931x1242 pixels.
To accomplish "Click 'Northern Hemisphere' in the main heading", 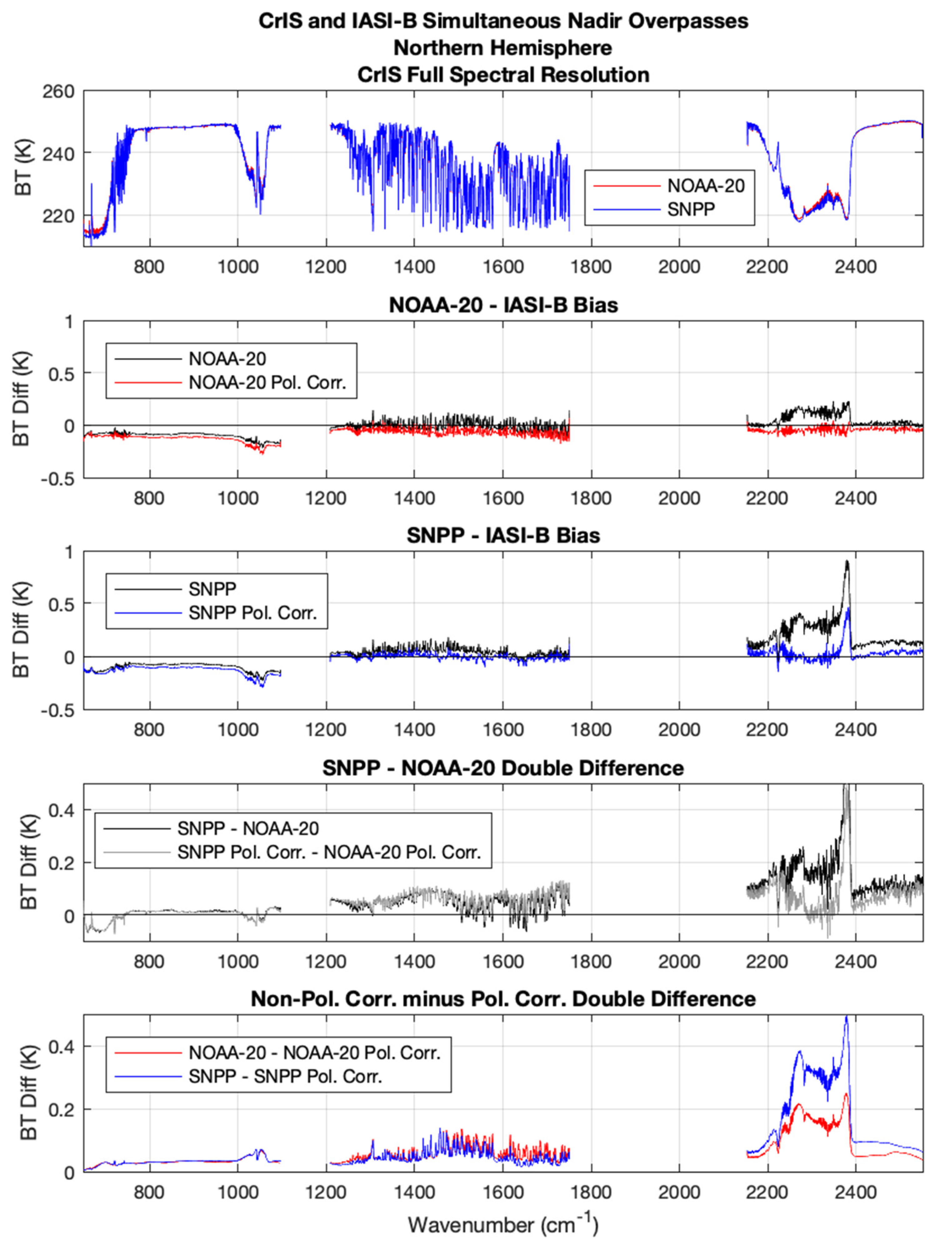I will click(x=503, y=48).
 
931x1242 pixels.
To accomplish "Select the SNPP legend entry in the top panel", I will click(x=691, y=210).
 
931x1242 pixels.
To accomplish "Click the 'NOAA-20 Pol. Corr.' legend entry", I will click(x=267, y=383).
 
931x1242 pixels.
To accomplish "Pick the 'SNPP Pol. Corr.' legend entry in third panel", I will click(x=252, y=613).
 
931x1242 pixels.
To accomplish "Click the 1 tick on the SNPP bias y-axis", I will click(x=68, y=552).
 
